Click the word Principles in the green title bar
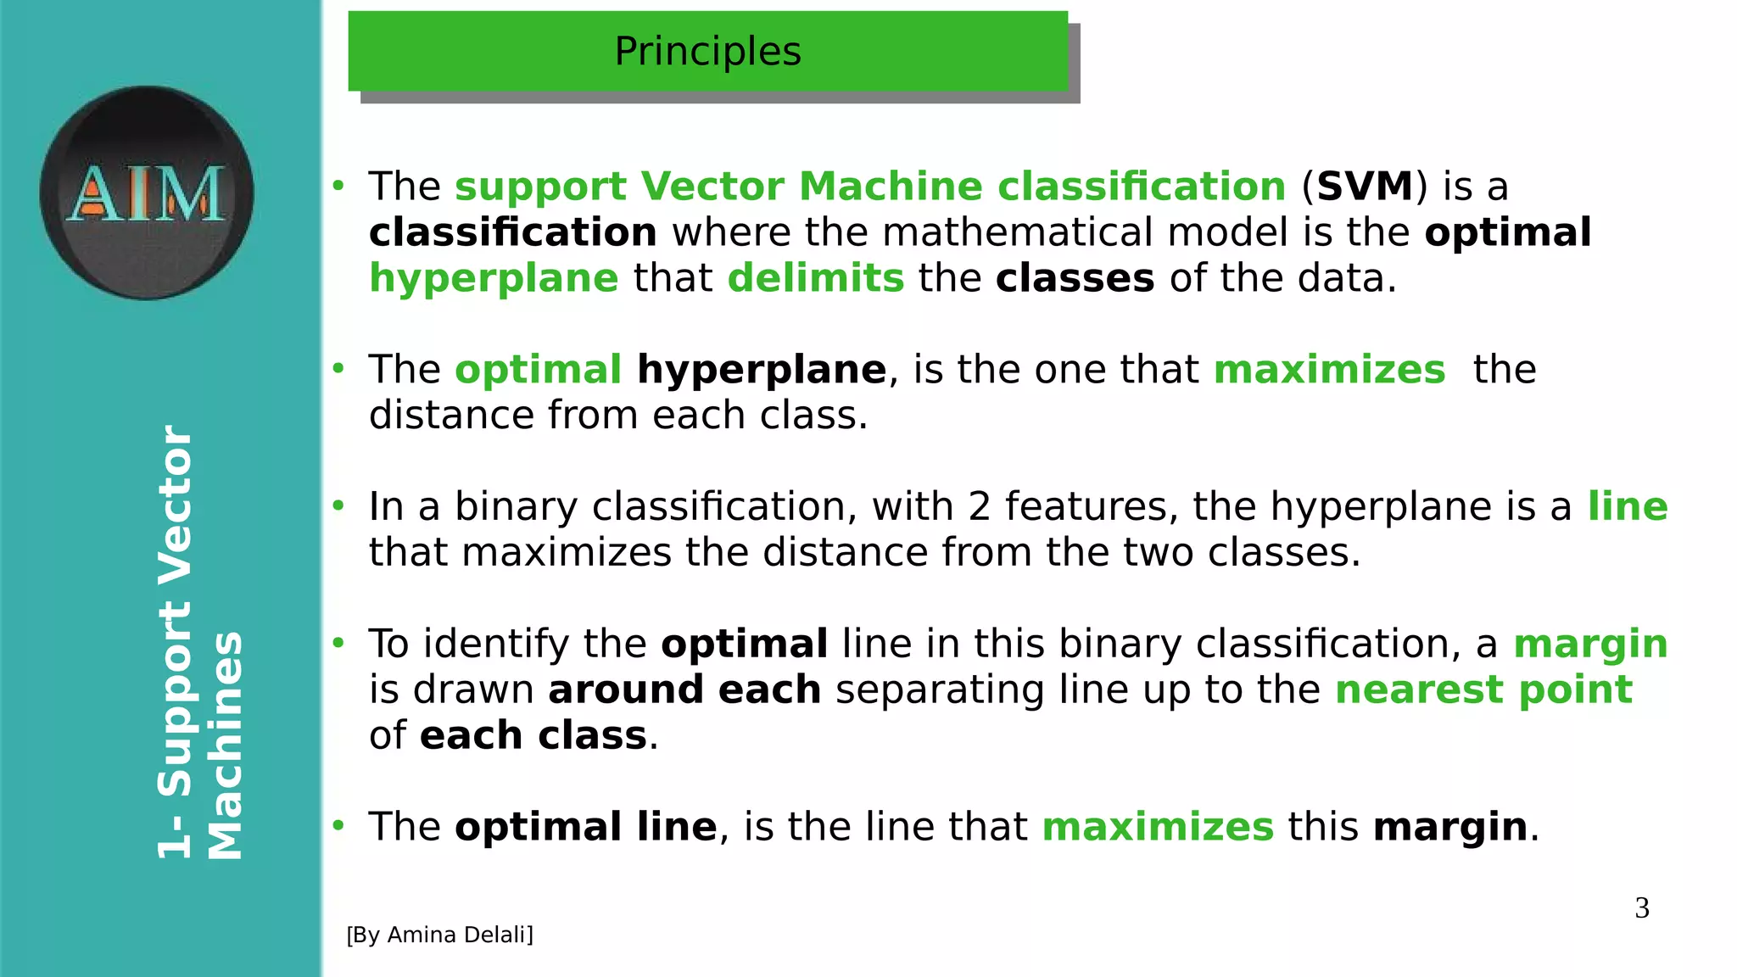pyautogui.click(x=707, y=52)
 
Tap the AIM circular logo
pyautogui.click(x=146, y=193)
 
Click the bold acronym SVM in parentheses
pyautogui.click(x=1365, y=187)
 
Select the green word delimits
pyautogui.click(x=816, y=278)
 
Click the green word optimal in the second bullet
pyautogui.click(x=539, y=371)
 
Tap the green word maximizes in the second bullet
pyautogui.click(x=1329, y=370)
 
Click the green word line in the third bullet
pyautogui.click(x=1627, y=506)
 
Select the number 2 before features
pyautogui.click(x=979, y=507)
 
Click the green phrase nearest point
pyautogui.click(x=1483, y=689)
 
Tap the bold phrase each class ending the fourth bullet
pyautogui.click(x=533, y=735)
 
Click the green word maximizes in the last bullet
pyautogui.click(x=1158, y=827)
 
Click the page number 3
pyautogui.click(x=1642, y=908)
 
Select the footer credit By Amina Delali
pyautogui.click(x=439, y=935)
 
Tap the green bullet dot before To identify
pyautogui.click(x=338, y=644)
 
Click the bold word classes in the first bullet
pyautogui.click(x=1075, y=278)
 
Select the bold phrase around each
pyautogui.click(x=684, y=689)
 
